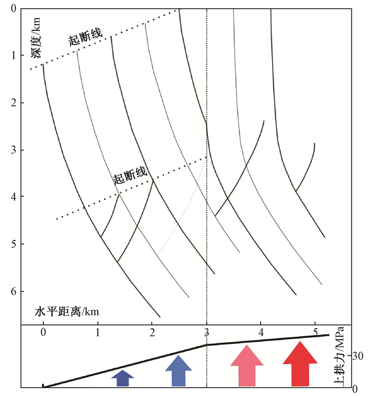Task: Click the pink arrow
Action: coord(247,366)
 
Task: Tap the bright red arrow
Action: coord(300,364)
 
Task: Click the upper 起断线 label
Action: coord(84,35)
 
